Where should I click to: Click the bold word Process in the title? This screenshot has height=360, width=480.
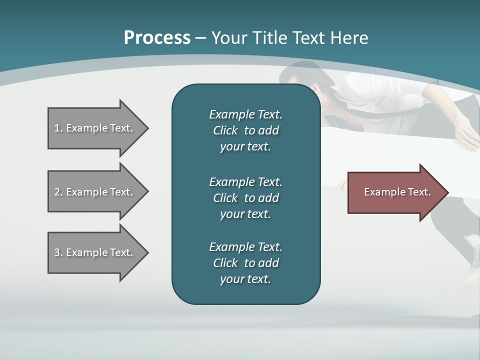tap(157, 38)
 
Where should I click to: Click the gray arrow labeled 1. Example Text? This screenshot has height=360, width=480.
tap(95, 128)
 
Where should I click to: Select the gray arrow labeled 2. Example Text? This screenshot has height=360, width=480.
tap(95, 192)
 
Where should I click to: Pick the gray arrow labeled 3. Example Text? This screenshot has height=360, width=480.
tap(95, 252)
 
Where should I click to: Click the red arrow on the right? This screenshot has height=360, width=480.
tap(395, 192)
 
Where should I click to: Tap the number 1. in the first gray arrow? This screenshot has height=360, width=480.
tap(58, 128)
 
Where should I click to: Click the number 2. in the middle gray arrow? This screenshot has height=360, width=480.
tap(58, 192)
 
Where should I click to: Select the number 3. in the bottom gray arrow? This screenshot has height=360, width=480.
tap(58, 252)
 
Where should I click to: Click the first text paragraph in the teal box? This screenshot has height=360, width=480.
tap(245, 130)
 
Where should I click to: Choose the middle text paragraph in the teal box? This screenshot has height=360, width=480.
tap(245, 197)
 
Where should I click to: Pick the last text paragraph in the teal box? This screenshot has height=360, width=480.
tap(245, 263)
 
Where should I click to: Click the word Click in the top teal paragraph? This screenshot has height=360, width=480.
tap(225, 130)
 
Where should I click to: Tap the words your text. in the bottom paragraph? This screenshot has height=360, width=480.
tap(245, 279)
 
